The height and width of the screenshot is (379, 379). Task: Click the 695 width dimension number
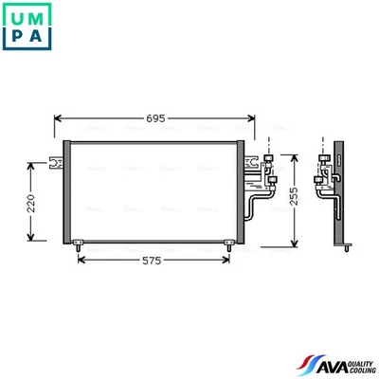pyautogui.click(x=155, y=118)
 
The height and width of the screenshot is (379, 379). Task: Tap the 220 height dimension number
pyautogui.click(x=31, y=202)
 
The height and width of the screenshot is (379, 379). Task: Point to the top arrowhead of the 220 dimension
pyautogui.click(x=32, y=164)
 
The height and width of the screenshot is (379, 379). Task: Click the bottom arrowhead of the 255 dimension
pyautogui.click(x=297, y=240)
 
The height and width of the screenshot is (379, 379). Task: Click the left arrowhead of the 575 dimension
pyautogui.click(x=81, y=259)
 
